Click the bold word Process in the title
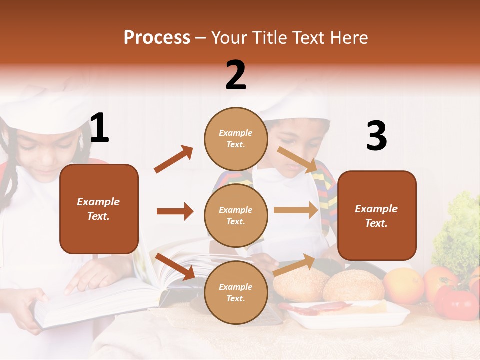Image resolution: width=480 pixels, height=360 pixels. pos(157,38)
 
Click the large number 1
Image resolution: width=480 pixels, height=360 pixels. pos(99,128)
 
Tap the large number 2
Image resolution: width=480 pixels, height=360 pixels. pos(236,75)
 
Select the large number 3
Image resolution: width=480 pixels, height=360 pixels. pos(377,136)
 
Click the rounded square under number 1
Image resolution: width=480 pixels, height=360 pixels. pos(99,209)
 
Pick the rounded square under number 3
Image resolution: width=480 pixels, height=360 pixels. pos(377,216)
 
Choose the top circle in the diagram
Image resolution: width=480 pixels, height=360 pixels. pos(236,139)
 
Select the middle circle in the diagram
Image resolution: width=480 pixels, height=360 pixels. pos(236,216)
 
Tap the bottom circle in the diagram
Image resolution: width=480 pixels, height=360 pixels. pos(236,293)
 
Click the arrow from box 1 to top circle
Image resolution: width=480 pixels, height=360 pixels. pos(173,159)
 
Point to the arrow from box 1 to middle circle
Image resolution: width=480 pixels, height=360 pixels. pos(175,211)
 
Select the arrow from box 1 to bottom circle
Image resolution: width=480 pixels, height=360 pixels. pos(175,266)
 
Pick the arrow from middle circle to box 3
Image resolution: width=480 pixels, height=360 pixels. pos(296,210)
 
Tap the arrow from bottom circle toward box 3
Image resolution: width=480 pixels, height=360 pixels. pos(294,265)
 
